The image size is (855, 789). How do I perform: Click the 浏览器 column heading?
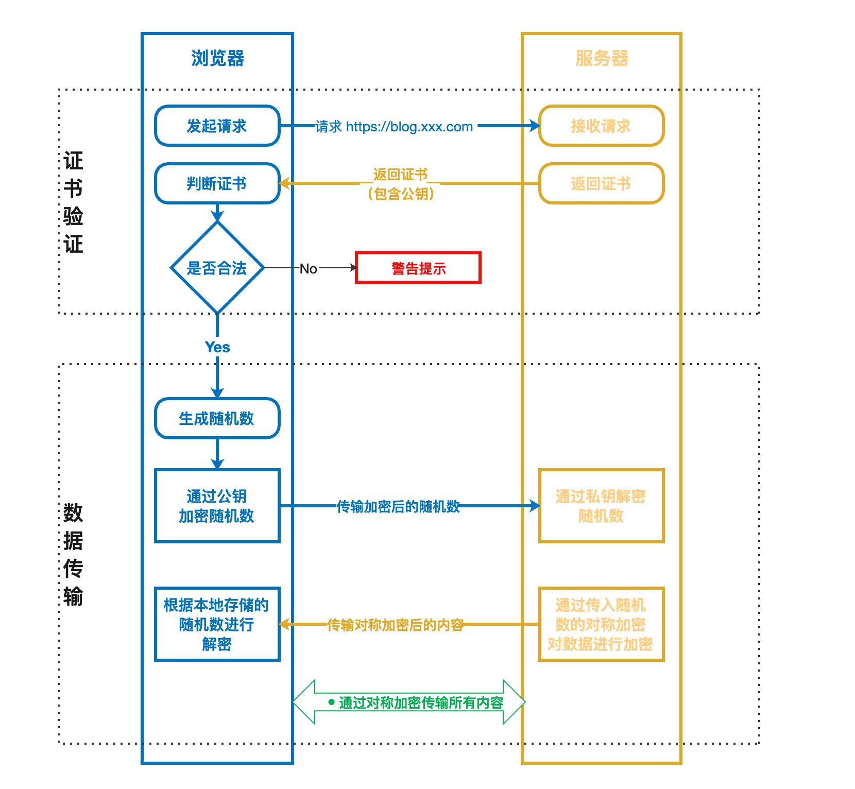[217, 58]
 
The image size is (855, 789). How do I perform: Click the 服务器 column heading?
[602, 58]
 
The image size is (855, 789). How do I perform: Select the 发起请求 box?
[217, 126]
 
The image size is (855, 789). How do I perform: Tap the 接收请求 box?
[601, 126]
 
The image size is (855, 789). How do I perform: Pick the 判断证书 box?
[217, 183]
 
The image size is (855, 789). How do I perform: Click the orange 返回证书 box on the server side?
[601, 183]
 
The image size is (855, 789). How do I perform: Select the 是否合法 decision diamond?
[217, 268]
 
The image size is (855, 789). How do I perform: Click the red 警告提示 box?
[418, 268]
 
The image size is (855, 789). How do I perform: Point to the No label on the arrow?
[308, 268]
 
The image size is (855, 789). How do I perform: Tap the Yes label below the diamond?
[217, 347]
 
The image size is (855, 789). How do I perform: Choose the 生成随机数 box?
[217, 418]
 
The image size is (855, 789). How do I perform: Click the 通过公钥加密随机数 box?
[217, 506]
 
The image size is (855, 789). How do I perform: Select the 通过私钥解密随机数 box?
[601, 506]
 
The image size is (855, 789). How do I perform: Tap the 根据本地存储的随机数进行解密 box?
[217, 624]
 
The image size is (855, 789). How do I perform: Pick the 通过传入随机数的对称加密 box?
[601, 624]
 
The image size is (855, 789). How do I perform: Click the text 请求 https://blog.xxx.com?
[394, 127]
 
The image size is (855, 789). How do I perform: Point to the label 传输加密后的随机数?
[398, 507]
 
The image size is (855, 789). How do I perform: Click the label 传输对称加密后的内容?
[396, 625]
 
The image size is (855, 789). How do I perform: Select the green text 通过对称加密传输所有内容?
[421, 703]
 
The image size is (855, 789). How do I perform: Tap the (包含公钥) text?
[401, 194]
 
